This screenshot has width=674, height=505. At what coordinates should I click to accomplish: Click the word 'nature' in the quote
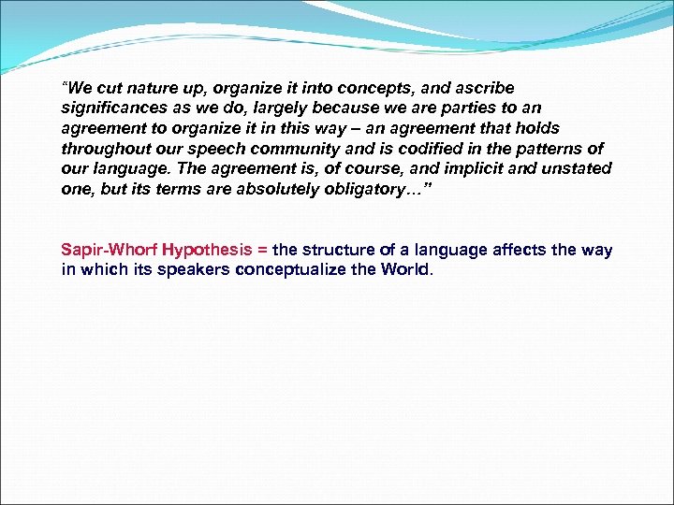(x=148, y=89)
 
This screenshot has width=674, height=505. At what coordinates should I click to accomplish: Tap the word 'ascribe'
(x=483, y=89)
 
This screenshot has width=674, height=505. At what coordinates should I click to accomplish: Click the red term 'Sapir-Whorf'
(x=107, y=251)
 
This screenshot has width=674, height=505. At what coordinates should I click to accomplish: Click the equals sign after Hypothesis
(x=262, y=251)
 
